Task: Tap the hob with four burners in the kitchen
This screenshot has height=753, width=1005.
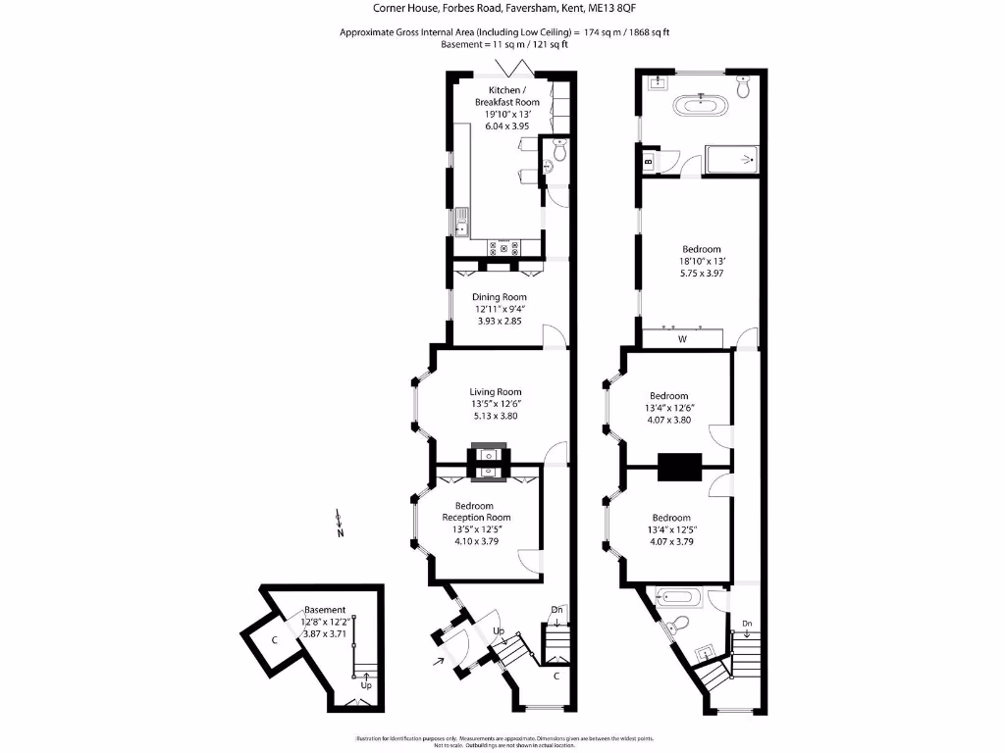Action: [507, 248]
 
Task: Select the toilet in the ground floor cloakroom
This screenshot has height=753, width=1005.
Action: [559, 152]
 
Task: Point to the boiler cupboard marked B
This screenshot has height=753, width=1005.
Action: [648, 163]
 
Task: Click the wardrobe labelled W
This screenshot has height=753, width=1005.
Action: [682, 340]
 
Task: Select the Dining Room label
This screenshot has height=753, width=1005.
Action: [501, 297]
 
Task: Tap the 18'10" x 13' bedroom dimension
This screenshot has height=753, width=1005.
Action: [701, 262]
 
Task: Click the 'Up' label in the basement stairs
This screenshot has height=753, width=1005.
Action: [366, 684]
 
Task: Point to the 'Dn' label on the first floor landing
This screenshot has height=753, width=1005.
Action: [747, 624]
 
